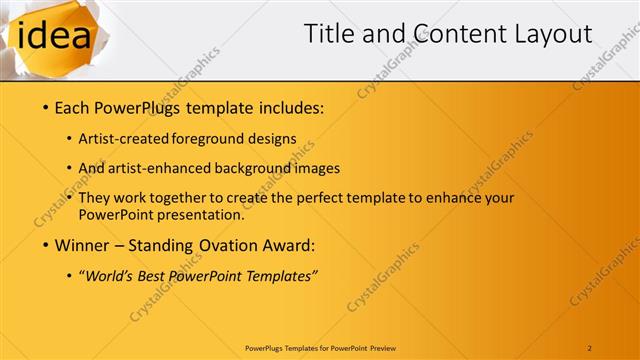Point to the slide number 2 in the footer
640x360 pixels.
(590, 347)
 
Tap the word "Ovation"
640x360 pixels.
(227, 245)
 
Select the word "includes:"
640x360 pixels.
(287, 106)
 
